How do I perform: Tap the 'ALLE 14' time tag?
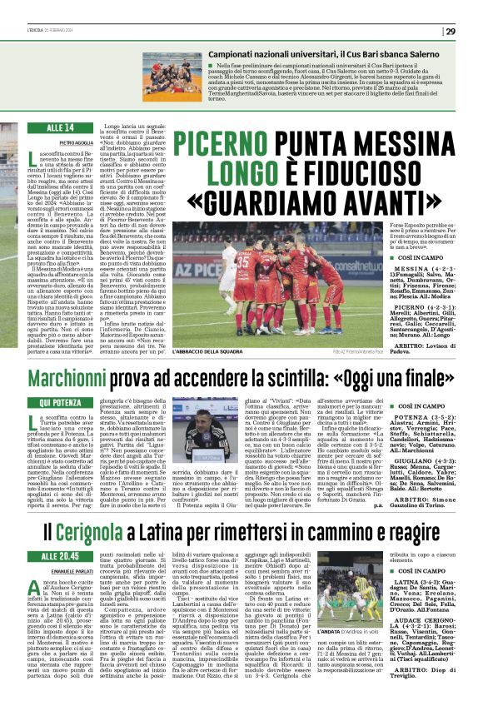pyautogui.click(x=62, y=127)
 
